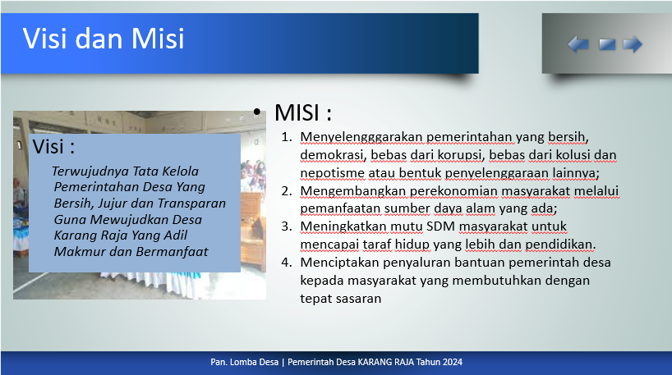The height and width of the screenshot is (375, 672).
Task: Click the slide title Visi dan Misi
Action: [x=104, y=39]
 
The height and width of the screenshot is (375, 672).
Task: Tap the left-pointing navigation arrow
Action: [x=578, y=44]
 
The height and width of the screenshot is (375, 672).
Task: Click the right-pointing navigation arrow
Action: [x=633, y=44]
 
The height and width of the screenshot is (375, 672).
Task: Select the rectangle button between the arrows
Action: [x=607, y=44]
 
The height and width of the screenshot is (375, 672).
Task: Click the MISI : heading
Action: [x=303, y=112]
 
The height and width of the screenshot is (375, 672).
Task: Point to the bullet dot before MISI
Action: [x=256, y=112]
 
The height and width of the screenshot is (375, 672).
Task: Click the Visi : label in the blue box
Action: [x=53, y=147]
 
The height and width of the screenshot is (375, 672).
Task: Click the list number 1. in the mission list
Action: [x=287, y=137]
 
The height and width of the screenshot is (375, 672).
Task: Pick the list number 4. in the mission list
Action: [x=287, y=263]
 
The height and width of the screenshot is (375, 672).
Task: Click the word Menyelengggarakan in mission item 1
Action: [x=361, y=137]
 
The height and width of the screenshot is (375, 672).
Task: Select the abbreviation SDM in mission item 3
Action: [x=440, y=226]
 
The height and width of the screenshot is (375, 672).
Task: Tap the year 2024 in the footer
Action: [x=453, y=362]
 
